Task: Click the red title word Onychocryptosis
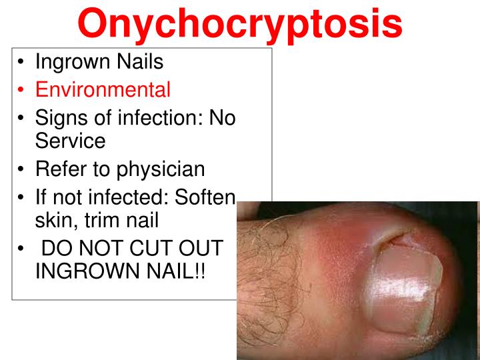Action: [240, 23]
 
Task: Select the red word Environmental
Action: [103, 89]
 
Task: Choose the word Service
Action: [70, 141]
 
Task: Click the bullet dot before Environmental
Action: [23, 89]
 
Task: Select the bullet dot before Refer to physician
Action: [23, 169]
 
